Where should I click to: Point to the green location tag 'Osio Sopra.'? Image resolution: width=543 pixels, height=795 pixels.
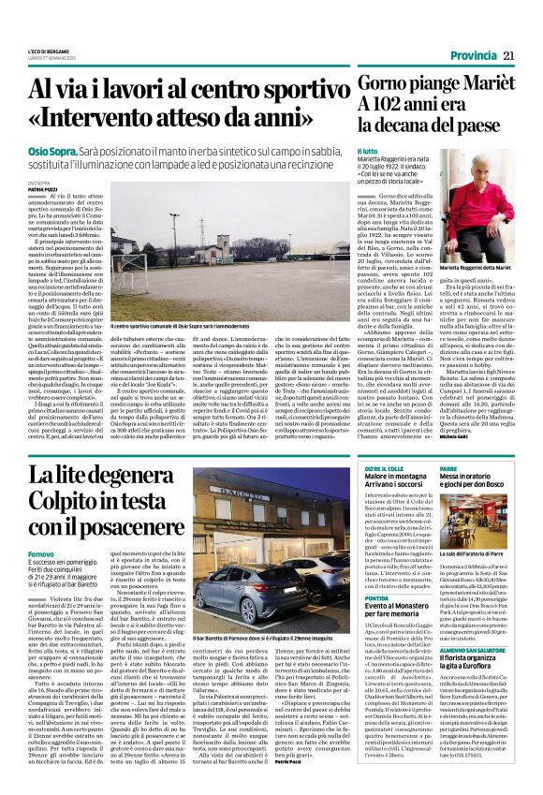click(51, 149)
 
